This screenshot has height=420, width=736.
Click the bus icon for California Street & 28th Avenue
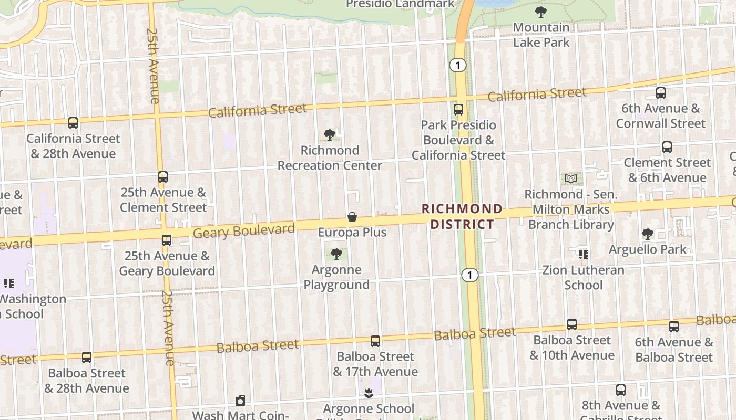point(73,123)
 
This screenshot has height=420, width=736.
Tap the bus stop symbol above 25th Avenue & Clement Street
point(163,177)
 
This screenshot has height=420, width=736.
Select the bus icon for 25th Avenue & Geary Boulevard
point(167,240)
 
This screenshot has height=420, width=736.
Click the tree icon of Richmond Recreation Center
point(330,135)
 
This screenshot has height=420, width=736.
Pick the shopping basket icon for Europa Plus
point(352,217)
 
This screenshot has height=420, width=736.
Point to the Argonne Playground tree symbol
point(336,255)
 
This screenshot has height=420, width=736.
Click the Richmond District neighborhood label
point(462,217)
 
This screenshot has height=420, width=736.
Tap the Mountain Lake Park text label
point(541,35)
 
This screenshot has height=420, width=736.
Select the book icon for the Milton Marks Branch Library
point(571,179)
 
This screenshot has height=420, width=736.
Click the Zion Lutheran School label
point(584,278)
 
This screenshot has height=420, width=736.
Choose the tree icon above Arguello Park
point(648,234)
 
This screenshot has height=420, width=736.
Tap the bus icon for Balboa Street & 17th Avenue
point(375,341)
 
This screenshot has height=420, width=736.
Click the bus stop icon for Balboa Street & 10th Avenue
point(572,324)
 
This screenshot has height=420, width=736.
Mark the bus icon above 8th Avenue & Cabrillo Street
point(621,390)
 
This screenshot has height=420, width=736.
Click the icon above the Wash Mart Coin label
point(240,401)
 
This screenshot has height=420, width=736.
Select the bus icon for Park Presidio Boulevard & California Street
point(458,110)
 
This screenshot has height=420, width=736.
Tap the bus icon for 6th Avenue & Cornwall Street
point(661,93)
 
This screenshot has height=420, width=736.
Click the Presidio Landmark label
point(400,4)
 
